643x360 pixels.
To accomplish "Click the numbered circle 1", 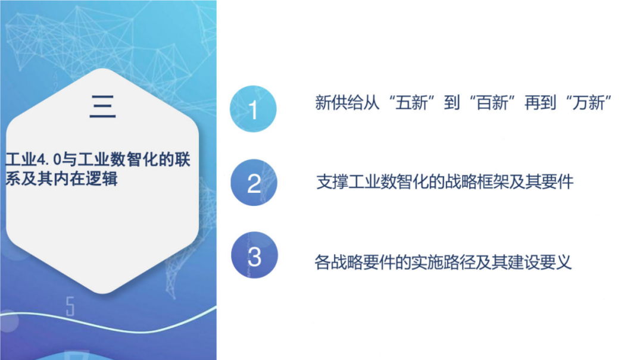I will [x=254, y=109].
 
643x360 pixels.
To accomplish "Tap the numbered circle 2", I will [x=254, y=183].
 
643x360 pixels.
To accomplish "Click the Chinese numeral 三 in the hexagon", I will [x=102, y=107].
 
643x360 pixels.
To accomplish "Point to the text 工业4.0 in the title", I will [x=28, y=161].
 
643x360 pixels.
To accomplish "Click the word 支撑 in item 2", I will [x=332, y=182].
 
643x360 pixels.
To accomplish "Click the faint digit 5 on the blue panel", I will [x=70, y=307].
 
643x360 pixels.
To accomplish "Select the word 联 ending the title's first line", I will [x=183, y=161].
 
